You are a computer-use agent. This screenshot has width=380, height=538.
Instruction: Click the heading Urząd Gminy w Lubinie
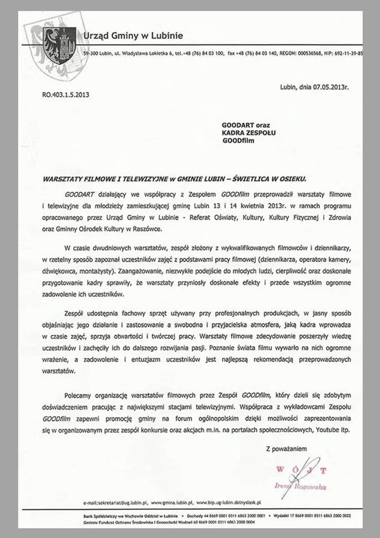[133, 36]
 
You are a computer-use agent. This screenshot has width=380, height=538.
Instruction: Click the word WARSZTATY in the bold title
[62, 179]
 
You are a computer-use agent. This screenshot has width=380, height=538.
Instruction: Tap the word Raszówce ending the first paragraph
[147, 229]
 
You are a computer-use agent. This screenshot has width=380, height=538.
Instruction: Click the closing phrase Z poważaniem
[286, 448]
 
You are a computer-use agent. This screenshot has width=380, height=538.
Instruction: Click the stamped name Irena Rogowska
[302, 487]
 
